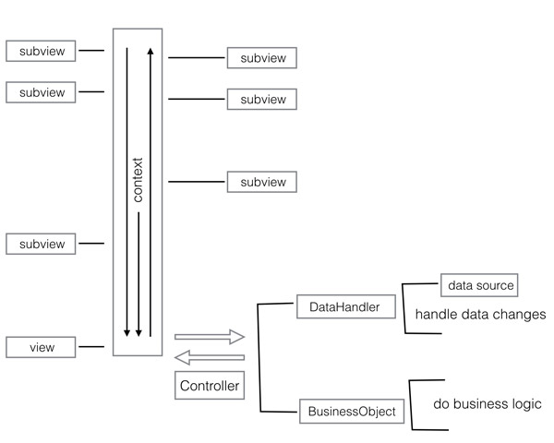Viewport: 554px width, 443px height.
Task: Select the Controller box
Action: pos(210,385)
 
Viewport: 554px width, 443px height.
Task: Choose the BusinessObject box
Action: pos(352,412)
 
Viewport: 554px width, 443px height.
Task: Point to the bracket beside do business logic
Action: pos(411,403)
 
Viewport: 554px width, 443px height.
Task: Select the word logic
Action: pos(524,404)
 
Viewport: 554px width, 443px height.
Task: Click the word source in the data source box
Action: pos(495,285)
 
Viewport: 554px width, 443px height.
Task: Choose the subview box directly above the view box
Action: pos(42,244)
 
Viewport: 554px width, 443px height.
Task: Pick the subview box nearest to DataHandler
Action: pos(263,182)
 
